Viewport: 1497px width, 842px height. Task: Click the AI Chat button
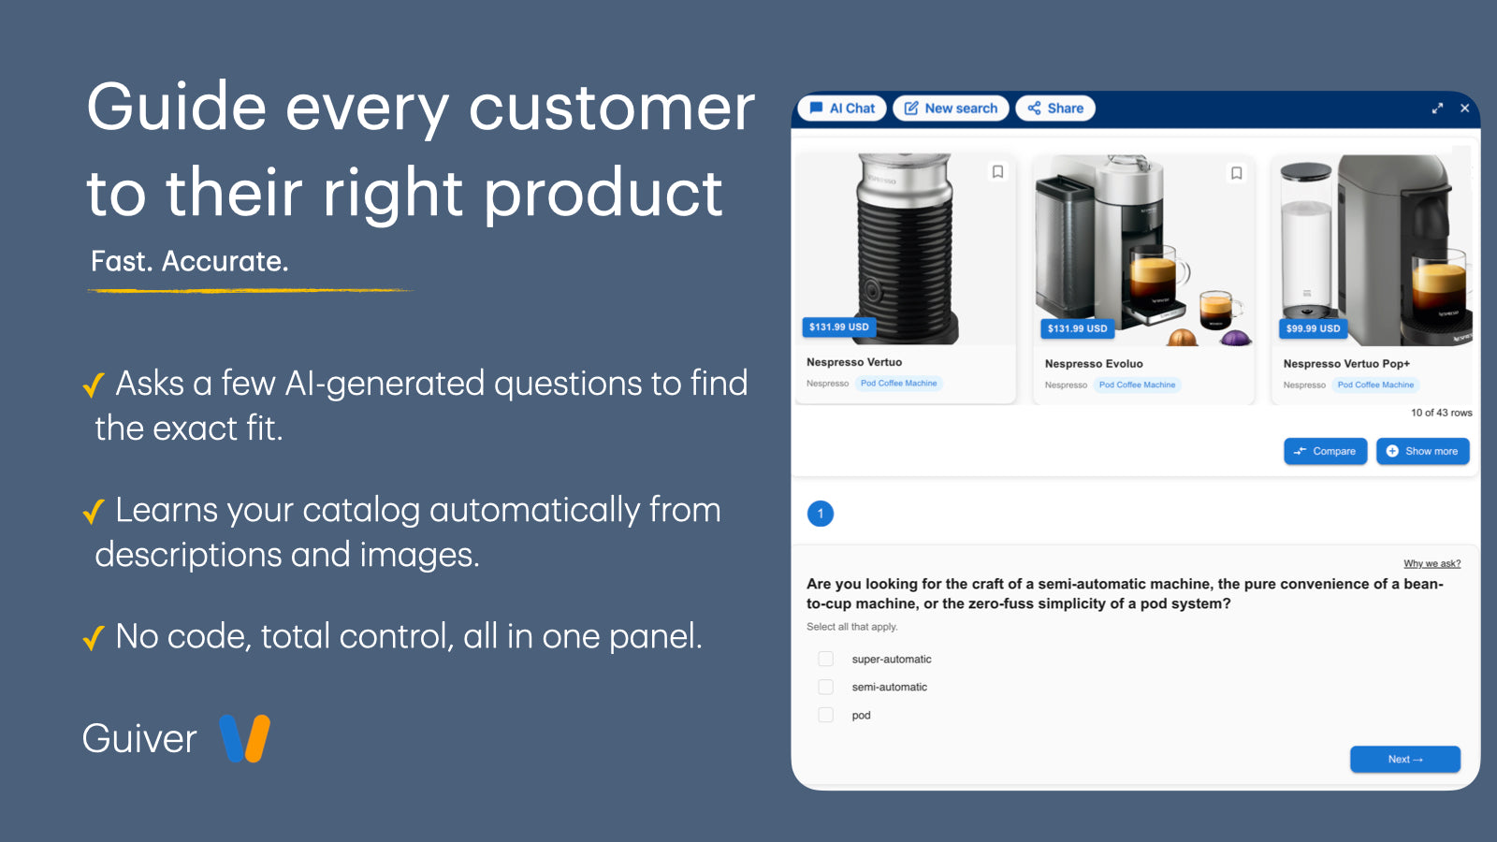[842, 109]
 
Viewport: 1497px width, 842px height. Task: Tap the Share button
[1055, 109]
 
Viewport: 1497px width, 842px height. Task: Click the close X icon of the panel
[1464, 109]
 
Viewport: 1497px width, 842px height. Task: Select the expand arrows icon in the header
[1437, 109]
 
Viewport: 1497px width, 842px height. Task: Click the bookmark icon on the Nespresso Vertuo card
[997, 172]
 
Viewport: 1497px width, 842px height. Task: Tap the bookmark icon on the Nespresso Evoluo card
[1236, 173]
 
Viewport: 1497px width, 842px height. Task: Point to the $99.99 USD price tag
[1314, 328]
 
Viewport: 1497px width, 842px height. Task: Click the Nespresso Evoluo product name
[1094, 364]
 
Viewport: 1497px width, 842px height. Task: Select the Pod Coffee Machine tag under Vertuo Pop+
[1375, 385]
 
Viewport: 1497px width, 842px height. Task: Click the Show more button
[1423, 451]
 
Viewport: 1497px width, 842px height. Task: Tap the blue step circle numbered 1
[820, 514]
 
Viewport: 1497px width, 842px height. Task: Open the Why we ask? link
[1432, 563]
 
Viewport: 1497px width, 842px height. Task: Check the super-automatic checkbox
[826, 659]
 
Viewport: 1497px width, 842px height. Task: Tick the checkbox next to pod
[826, 715]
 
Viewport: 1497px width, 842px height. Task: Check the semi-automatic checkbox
[826, 687]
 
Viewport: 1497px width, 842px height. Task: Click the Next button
[1404, 759]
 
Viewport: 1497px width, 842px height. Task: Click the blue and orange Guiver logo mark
[244, 738]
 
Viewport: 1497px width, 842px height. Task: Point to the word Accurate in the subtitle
[225, 261]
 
